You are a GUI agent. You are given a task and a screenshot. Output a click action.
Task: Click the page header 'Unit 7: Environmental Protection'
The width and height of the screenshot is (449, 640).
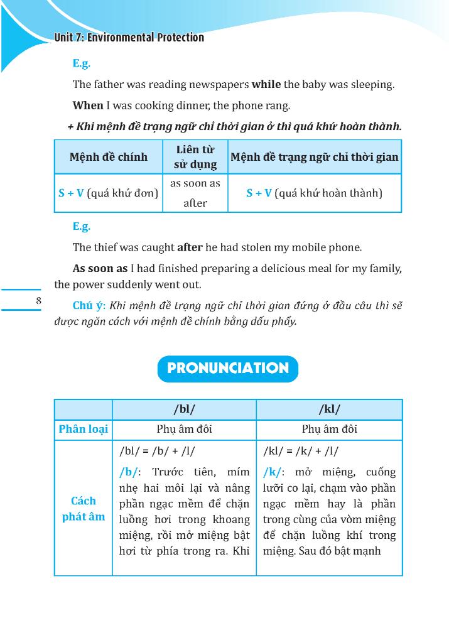[129, 38]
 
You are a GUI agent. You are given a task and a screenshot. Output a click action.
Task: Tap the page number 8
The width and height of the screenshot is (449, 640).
[39, 301]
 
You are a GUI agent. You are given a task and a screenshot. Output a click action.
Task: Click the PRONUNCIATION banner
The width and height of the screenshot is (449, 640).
[227, 369]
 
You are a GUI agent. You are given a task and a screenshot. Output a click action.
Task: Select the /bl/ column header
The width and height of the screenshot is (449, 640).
[184, 409]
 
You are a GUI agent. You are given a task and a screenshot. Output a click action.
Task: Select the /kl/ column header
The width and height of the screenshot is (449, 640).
[329, 409]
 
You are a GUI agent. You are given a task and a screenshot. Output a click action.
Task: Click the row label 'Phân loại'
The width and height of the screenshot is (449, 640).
[84, 430]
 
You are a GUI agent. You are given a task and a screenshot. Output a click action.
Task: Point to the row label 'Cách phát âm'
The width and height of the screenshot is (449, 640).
[84, 509]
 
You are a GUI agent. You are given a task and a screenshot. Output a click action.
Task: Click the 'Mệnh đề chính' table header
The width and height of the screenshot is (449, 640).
[109, 157]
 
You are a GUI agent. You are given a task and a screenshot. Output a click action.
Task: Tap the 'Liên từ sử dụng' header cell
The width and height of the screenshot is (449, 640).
[195, 157]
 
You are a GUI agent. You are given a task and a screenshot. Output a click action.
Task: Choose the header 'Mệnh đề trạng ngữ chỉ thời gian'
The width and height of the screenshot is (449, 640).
[314, 157]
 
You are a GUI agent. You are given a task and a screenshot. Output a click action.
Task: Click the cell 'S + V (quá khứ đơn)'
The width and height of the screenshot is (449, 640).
[109, 193]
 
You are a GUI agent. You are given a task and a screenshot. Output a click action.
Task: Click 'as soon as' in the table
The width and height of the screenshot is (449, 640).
[195, 183]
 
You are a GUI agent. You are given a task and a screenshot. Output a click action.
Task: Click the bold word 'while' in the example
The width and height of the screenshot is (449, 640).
[266, 84]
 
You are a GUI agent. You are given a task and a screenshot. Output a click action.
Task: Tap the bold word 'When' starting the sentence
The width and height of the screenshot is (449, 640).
[87, 106]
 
